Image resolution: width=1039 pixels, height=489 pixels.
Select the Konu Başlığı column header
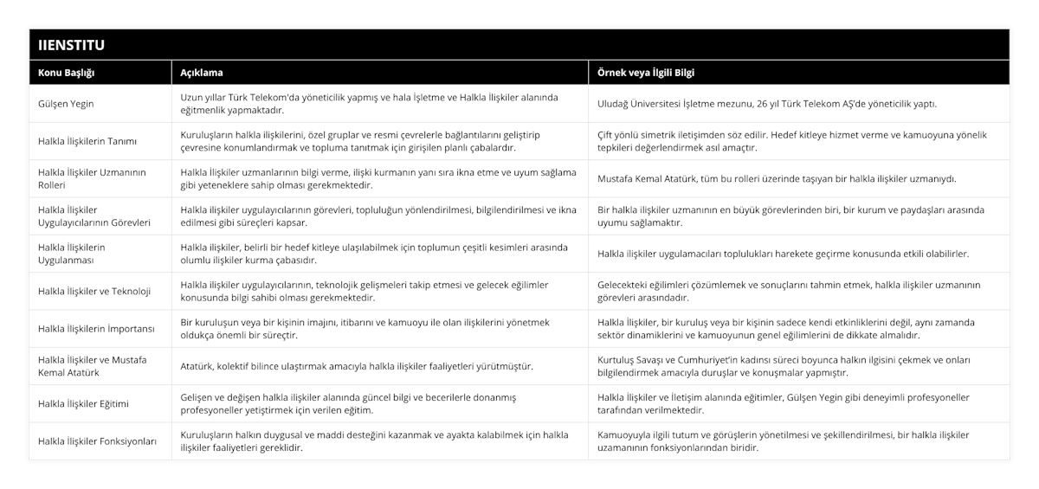[66, 72]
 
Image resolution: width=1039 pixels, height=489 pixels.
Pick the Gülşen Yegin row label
[67, 104]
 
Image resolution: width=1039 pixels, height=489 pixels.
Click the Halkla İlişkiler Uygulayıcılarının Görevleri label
[94, 216]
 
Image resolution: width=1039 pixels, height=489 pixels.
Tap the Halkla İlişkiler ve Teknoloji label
[94, 291]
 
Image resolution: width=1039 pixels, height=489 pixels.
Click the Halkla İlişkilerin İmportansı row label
[96, 328]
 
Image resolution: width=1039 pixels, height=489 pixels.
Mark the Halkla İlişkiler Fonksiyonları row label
[97, 441]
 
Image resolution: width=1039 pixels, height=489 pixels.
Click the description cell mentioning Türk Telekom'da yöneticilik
[369, 104]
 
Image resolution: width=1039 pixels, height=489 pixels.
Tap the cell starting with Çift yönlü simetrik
[792, 141]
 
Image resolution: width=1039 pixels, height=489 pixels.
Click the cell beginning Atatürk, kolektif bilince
[356, 366]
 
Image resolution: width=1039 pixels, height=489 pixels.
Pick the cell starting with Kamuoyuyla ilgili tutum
[784, 441]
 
